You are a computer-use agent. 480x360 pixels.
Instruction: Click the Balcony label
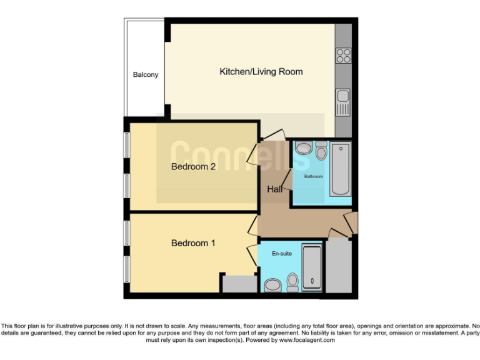click(x=146, y=75)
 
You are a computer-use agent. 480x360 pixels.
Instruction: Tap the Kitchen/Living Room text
click(x=261, y=72)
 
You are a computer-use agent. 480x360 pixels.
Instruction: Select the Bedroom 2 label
click(x=193, y=167)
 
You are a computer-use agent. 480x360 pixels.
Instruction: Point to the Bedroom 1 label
click(x=193, y=243)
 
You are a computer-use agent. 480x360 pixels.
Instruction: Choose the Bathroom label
click(x=313, y=177)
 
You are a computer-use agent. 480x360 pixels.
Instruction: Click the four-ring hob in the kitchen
click(x=343, y=56)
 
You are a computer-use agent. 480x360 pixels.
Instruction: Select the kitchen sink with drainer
click(x=342, y=102)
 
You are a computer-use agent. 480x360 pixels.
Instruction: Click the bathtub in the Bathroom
click(x=341, y=169)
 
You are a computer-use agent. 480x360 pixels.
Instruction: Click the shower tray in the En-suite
click(x=311, y=267)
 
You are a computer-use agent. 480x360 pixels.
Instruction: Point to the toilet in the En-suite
click(x=292, y=282)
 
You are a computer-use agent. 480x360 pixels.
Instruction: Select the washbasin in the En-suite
click(x=273, y=286)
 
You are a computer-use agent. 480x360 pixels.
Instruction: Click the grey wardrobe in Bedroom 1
click(x=239, y=283)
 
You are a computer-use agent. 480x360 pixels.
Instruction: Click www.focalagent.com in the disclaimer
click(x=307, y=341)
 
